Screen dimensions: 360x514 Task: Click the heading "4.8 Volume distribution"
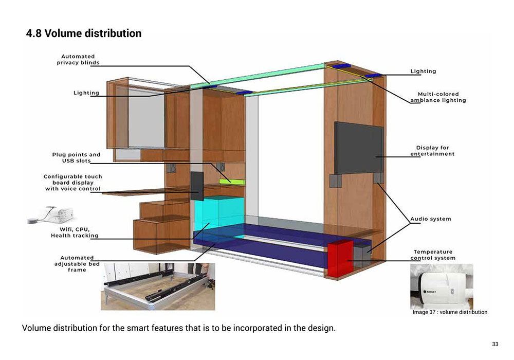point(84,34)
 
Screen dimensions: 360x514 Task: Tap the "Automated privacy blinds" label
point(78,60)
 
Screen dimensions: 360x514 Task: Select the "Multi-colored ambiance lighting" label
point(438,97)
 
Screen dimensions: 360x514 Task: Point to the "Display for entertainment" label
point(432,151)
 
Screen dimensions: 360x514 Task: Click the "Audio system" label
point(431,219)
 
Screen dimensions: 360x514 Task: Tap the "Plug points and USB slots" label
point(76,157)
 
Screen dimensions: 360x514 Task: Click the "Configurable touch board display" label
point(72,183)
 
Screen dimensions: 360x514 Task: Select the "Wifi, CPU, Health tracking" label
point(75,232)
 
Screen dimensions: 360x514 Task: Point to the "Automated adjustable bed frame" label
point(77,263)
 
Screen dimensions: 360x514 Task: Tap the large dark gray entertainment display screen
point(359,148)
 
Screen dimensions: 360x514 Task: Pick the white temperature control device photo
point(442,286)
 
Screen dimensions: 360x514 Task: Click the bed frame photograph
point(157,287)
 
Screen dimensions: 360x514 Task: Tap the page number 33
point(495,344)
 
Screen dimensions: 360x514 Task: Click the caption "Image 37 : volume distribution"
point(450,312)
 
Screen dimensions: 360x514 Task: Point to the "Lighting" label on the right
point(423,71)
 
